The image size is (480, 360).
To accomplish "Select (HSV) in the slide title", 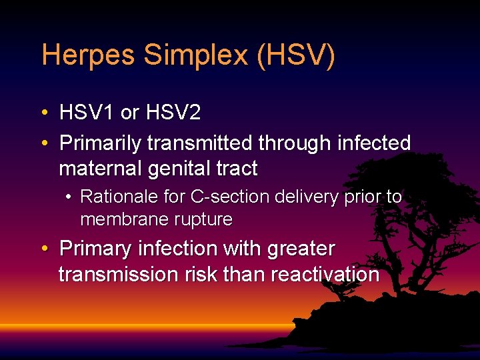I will pyautogui.click(x=296, y=55).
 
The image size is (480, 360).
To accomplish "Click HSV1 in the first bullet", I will pyautogui.click(x=87, y=113).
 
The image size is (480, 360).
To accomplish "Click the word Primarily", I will pyautogui.click(x=101, y=143).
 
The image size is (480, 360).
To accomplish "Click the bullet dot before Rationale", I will pyautogui.click(x=69, y=197).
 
